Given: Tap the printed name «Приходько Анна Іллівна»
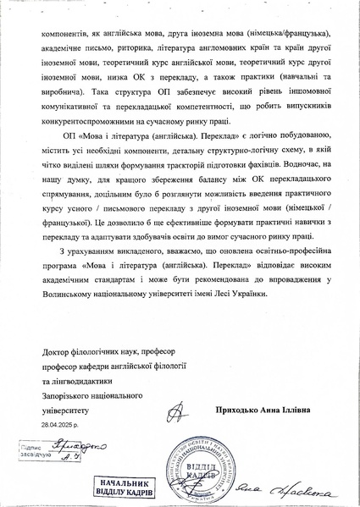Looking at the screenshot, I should [x=260, y=411].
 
